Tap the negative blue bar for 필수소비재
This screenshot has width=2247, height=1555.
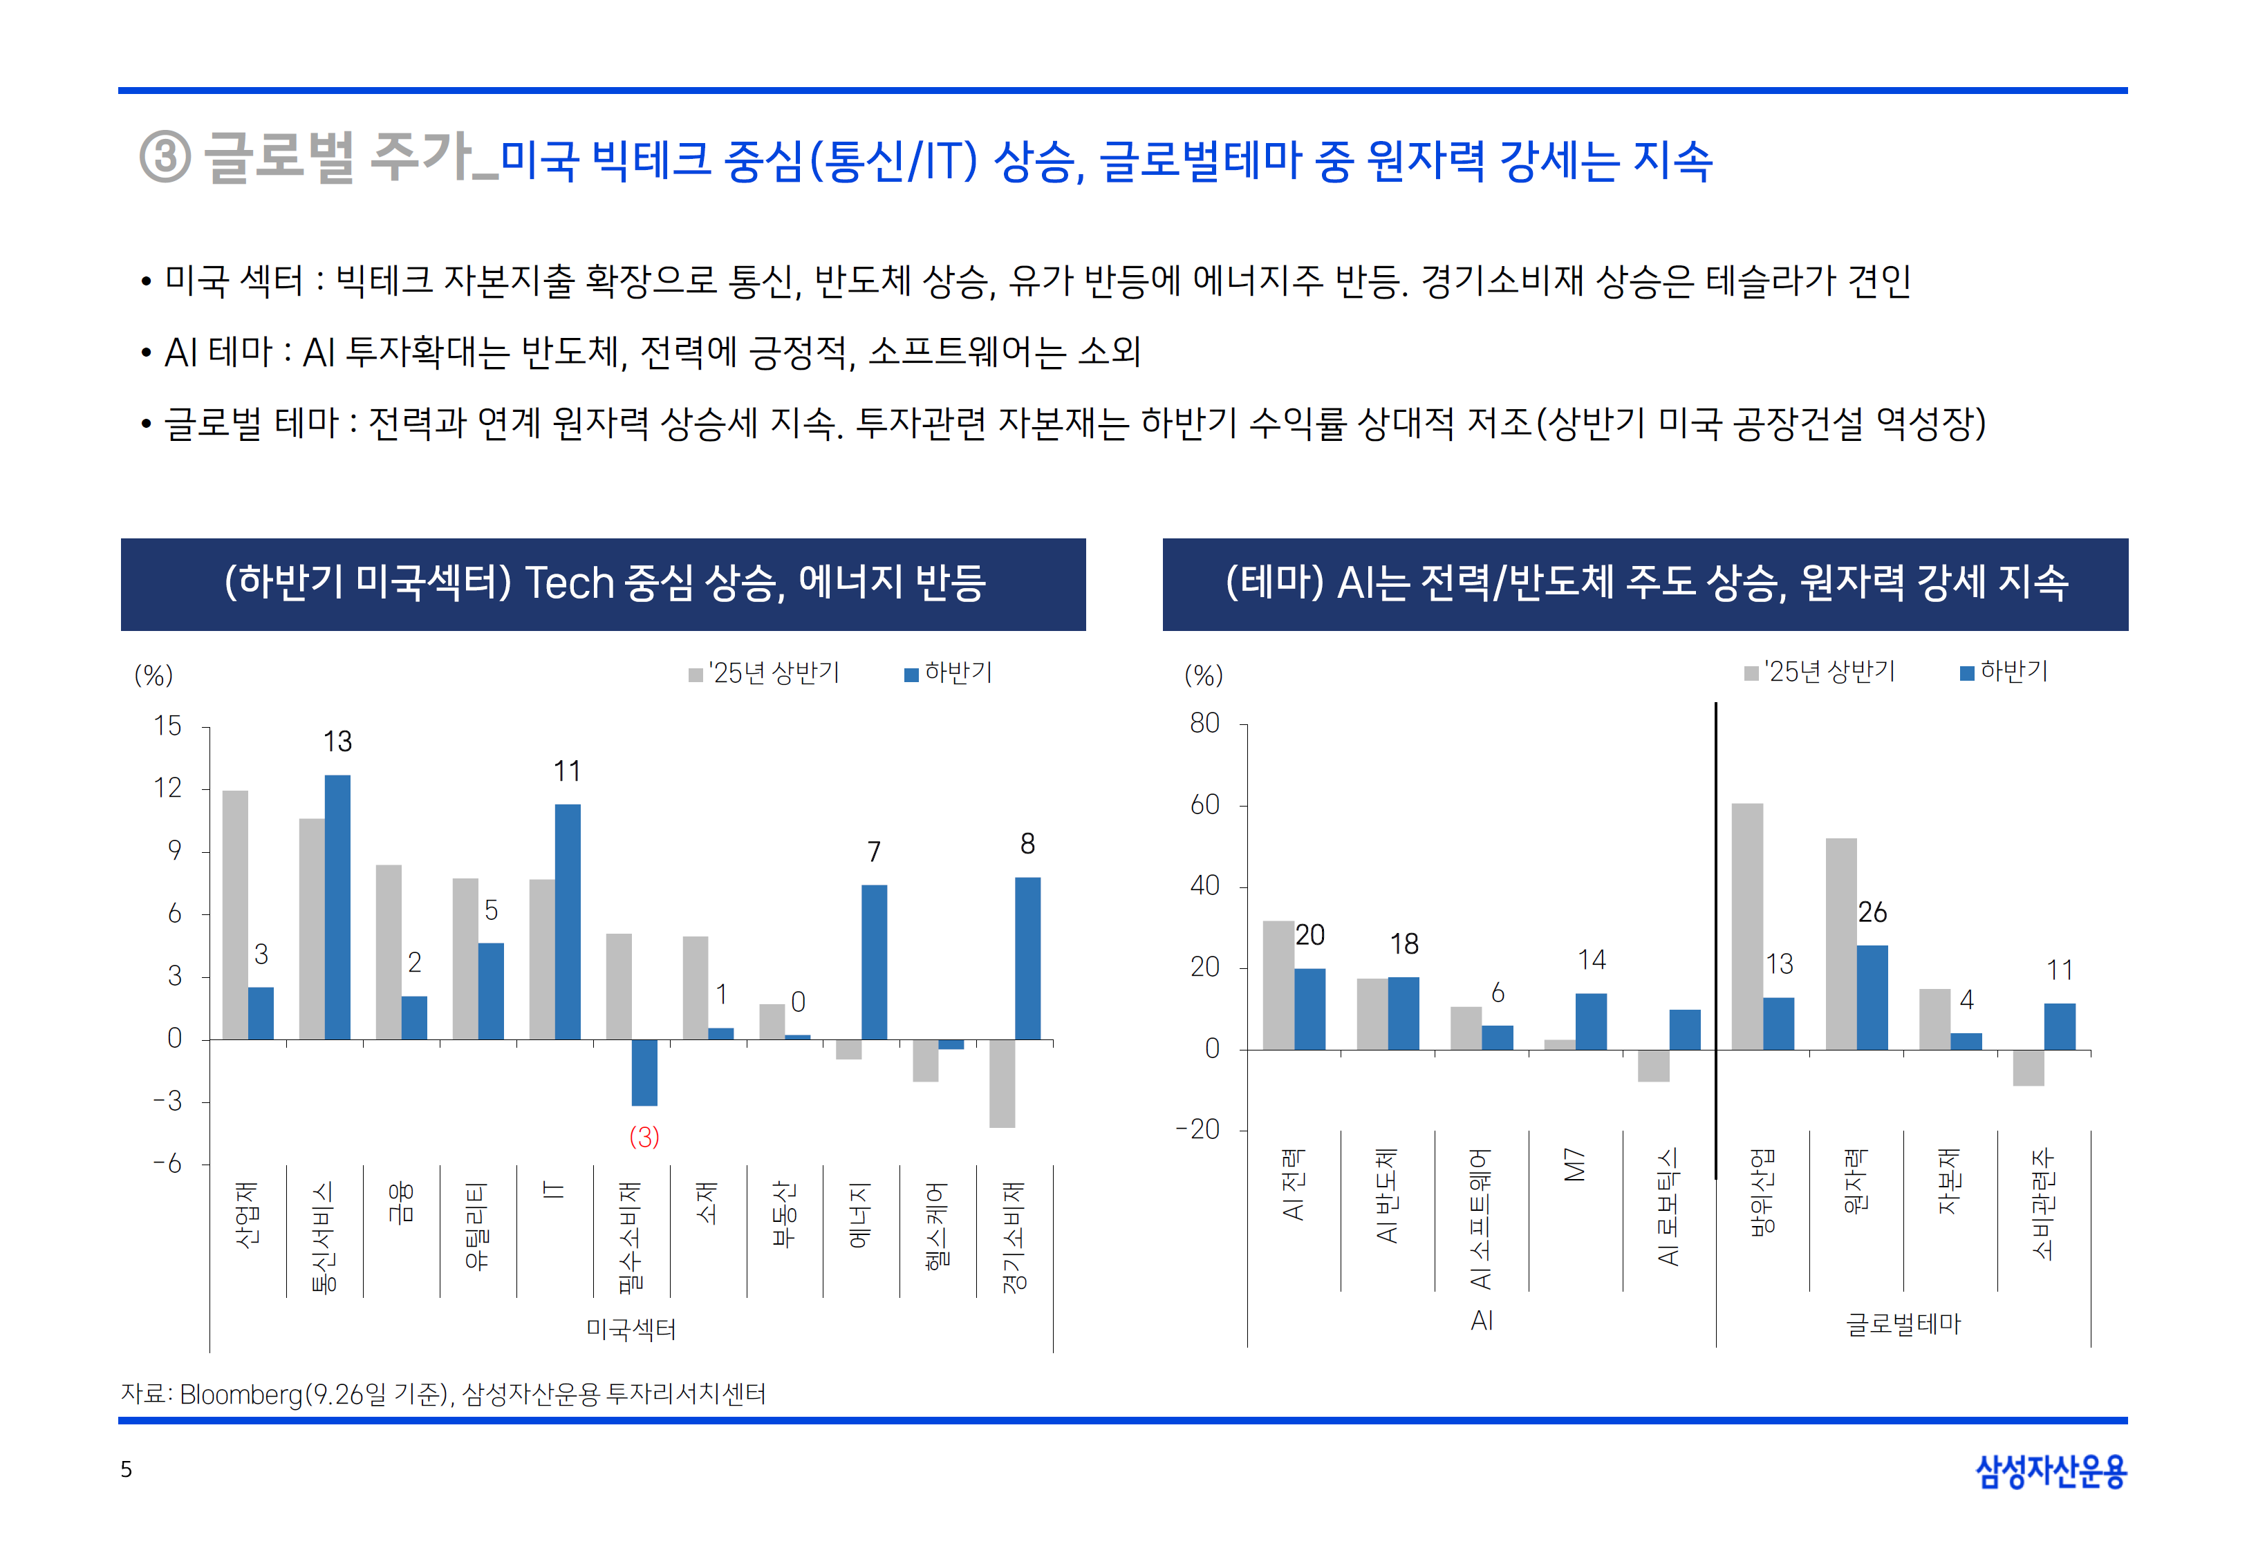[644, 1072]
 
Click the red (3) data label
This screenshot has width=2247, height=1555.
[644, 1136]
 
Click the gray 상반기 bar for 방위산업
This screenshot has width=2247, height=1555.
[1746, 925]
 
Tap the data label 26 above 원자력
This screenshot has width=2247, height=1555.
[1872, 912]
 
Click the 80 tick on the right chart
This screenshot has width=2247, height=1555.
[1204, 723]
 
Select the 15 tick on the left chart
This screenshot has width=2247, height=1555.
[167, 726]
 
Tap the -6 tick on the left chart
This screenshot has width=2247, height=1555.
[167, 1165]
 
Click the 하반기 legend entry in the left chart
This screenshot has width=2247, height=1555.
[949, 672]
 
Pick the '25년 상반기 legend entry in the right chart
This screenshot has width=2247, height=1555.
[1820, 671]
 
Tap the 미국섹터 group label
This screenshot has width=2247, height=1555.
[631, 1329]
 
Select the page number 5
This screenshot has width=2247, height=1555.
[126, 1469]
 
